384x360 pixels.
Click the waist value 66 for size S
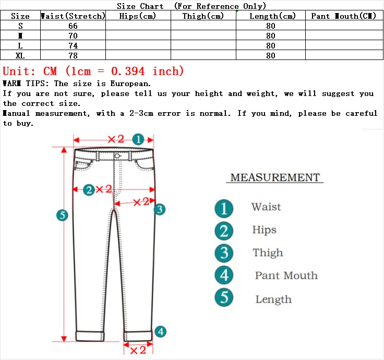73,26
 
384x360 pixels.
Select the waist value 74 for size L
73,46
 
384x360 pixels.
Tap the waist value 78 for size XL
73,56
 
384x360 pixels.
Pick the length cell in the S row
270,26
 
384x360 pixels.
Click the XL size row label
20,56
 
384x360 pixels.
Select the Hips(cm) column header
138,16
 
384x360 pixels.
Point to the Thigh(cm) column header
203,16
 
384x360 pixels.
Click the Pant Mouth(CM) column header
343,16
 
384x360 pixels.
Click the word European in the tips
130,83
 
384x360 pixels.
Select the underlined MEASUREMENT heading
275,177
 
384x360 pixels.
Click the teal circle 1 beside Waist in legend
224,208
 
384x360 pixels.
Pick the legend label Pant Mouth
286,275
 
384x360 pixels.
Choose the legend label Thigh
268,253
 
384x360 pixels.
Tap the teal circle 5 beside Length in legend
224,298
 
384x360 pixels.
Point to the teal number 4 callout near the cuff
161,331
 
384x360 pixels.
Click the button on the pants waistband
117,155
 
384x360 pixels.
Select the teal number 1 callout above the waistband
138,139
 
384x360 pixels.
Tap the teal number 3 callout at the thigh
160,209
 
